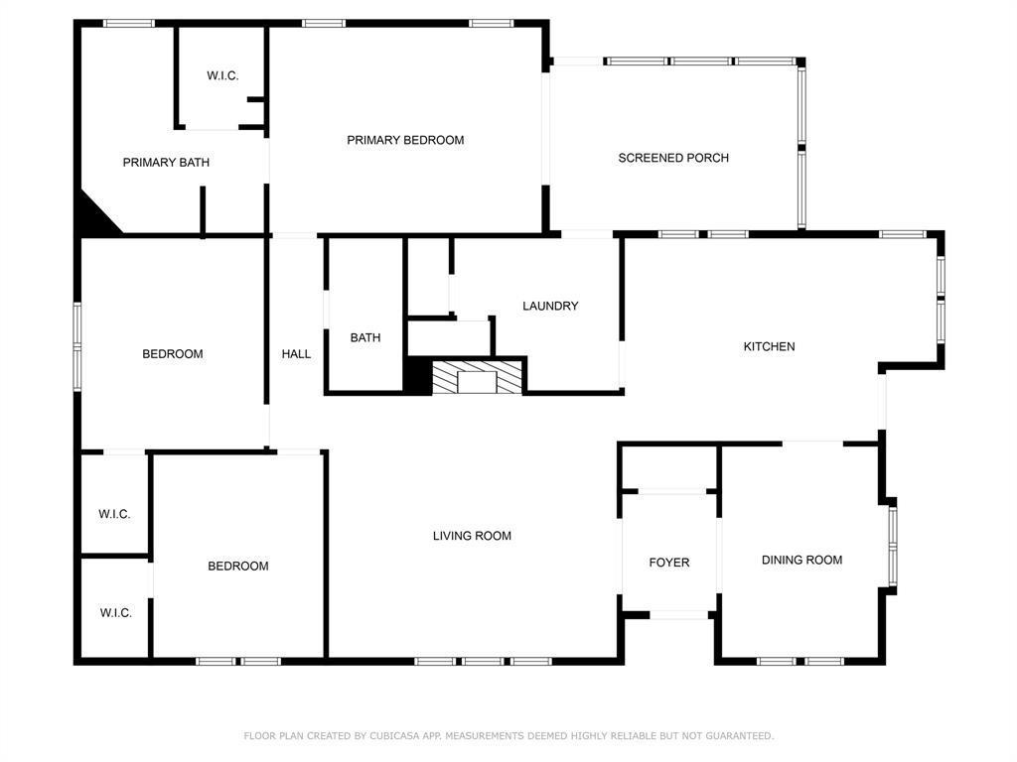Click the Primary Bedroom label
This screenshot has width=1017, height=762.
(405, 140)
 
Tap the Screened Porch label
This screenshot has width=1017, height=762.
(673, 158)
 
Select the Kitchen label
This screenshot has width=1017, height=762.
(770, 346)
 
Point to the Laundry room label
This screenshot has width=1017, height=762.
(550, 306)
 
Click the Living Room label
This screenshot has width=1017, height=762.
(472, 536)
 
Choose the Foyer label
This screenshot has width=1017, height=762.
(669, 563)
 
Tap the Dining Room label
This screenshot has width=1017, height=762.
(801, 560)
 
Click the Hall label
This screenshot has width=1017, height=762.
(296, 354)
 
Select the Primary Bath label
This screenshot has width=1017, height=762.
(166, 163)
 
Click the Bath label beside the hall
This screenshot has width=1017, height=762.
(365, 338)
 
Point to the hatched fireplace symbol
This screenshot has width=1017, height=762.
(477, 377)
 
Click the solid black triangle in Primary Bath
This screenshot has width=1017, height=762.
(94, 217)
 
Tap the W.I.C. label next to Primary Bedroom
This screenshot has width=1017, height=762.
(222, 76)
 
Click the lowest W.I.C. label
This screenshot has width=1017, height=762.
(116, 613)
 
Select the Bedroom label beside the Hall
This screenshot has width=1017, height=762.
(173, 354)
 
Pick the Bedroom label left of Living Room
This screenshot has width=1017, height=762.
(238, 567)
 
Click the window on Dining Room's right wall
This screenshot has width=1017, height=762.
(892, 543)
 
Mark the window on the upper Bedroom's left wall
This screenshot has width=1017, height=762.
(77, 340)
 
